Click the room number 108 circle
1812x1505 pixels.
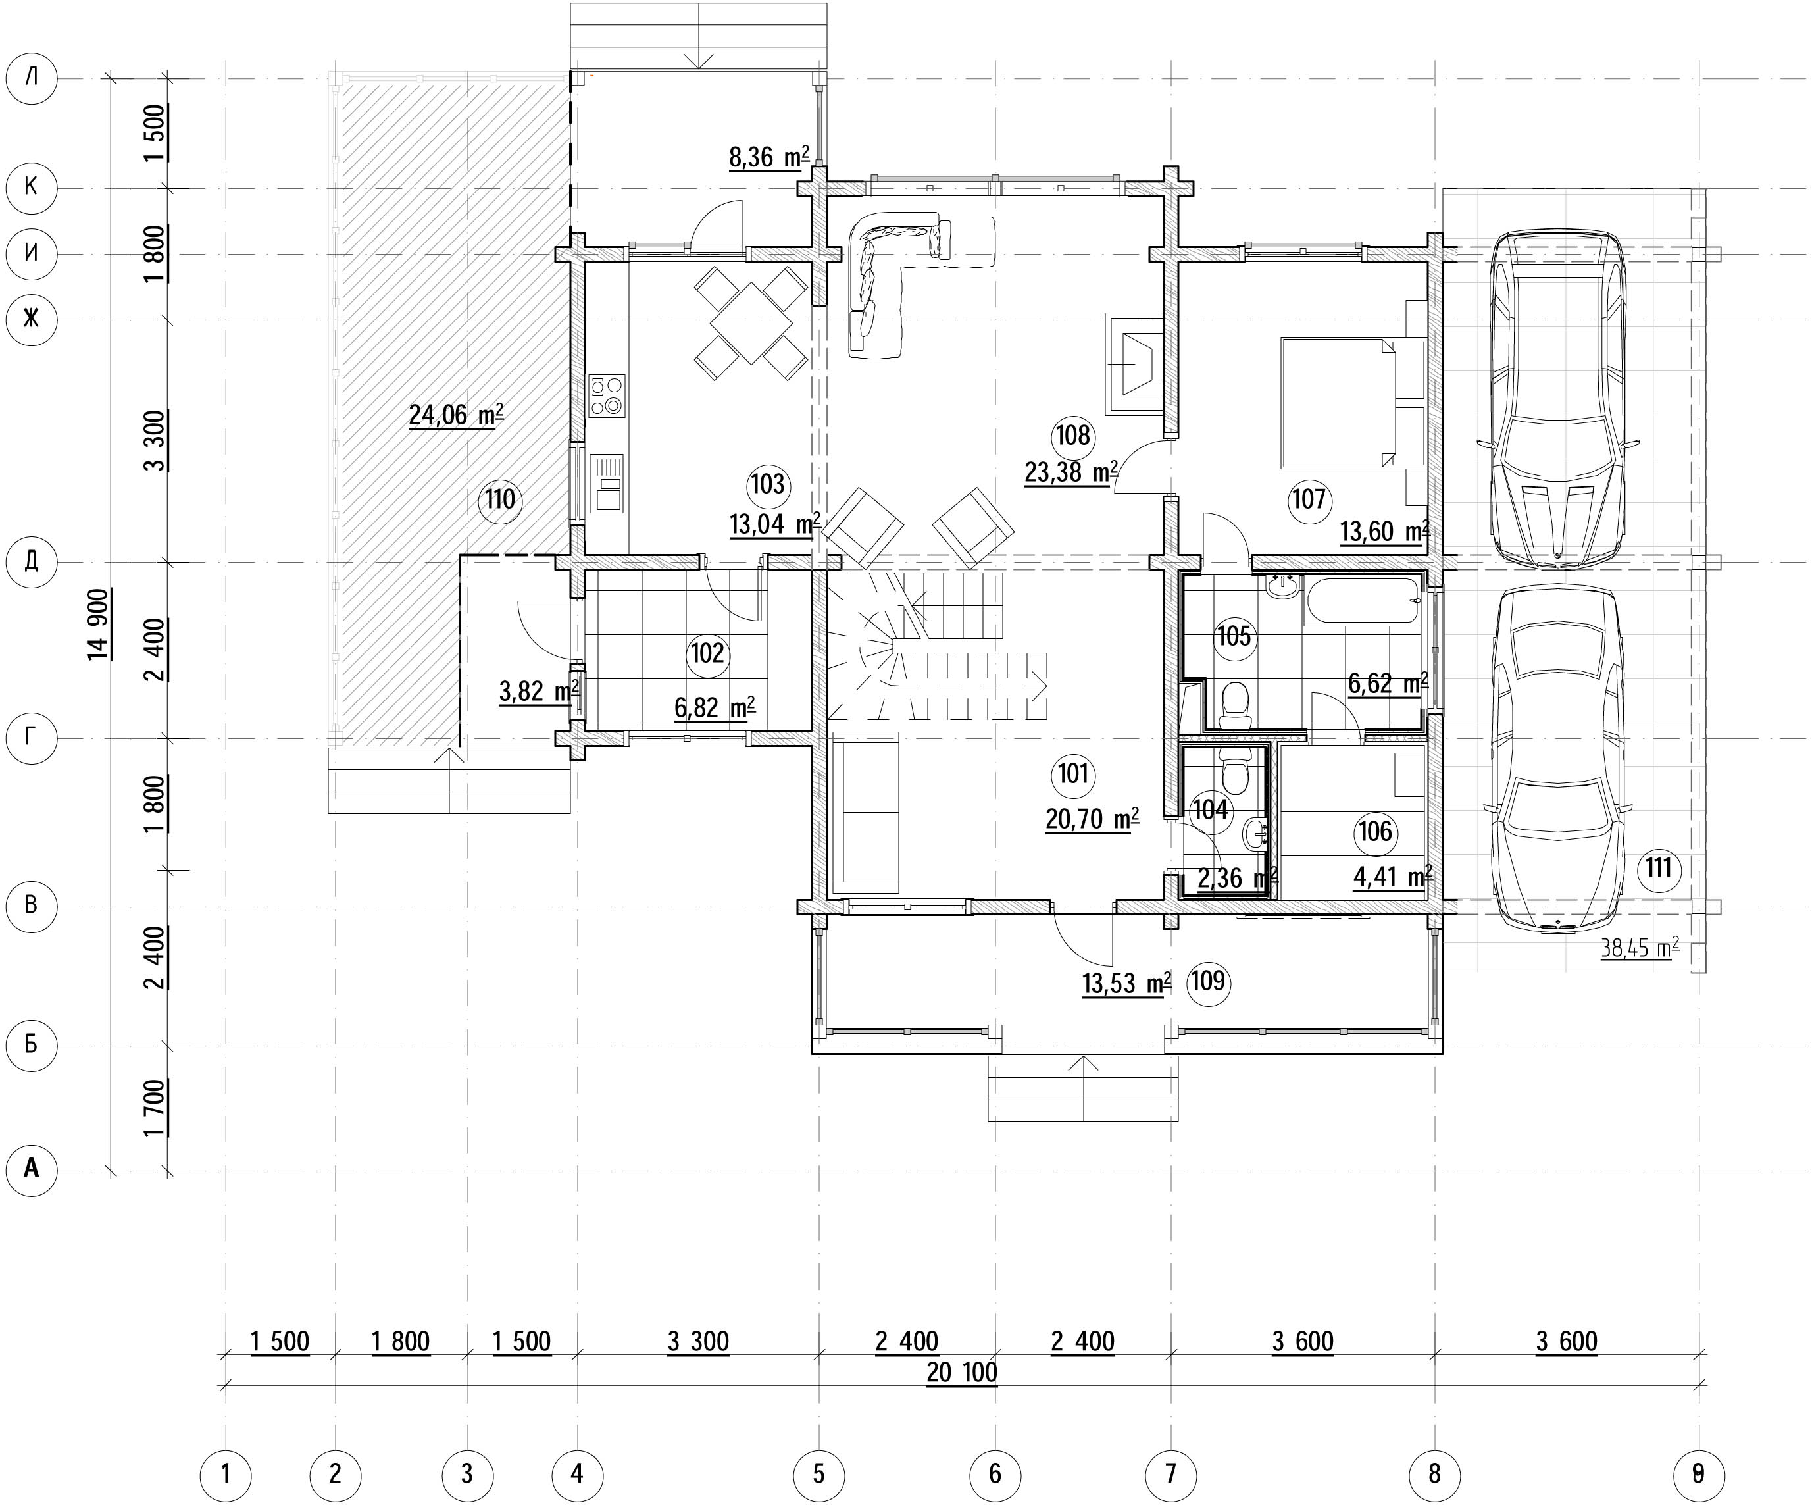(1072, 435)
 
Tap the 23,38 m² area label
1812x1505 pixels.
(1070, 472)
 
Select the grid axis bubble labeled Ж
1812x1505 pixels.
(31, 319)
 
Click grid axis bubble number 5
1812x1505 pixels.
(819, 1474)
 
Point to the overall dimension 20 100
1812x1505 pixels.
(962, 1373)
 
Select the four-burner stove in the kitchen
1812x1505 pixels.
(607, 396)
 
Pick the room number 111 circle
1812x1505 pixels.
(1659, 868)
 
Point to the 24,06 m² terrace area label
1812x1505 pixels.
(455, 415)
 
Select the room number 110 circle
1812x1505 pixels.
(501, 499)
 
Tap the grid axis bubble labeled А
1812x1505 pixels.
(31, 1170)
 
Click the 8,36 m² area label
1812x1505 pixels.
(768, 158)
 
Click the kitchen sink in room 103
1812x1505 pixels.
(607, 483)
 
